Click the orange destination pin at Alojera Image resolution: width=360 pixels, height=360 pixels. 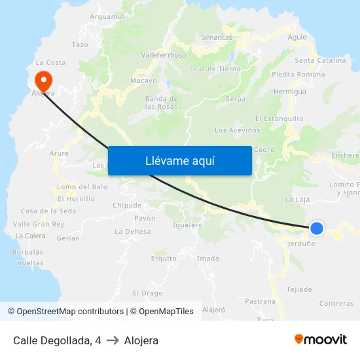pyautogui.click(x=43, y=81)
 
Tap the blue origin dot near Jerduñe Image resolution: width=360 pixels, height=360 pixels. pyautogui.click(x=316, y=228)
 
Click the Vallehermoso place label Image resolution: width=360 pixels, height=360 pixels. pyautogui.click(x=164, y=56)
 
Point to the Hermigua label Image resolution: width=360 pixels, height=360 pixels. pyautogui.click(x=290, y=92)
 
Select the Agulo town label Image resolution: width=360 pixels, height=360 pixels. pyautogui.click(x=297, y=37)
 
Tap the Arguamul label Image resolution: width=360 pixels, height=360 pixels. pyautogui.click(x=107, y=16)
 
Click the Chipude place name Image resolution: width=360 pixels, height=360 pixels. pyautogui.click(x=127, y=205)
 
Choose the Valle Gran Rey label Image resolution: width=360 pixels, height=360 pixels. pyautogui.click(x=39, y=224)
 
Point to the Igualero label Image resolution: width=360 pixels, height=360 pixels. pyautogui.click(x=187, y=225)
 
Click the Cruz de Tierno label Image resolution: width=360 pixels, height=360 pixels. pyautogui.click(x=215, y=69)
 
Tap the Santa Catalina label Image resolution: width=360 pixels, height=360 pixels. pyautogui.click(x=321, y=60)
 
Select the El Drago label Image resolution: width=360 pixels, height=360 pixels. pyautogui.click(x=147, y=293)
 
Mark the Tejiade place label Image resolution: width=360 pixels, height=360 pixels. pyautogui.click(x=299, y=289)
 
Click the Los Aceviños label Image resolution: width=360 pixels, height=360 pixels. pyautogui.click(x=237, y=130)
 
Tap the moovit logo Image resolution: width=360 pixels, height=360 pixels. pyautogui.click(x=321, y=340)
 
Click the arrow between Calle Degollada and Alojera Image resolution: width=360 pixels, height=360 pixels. pyautogui.click(x=113, y=340)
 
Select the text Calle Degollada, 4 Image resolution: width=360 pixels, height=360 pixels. pyautogui.click(x=57, y=340)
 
